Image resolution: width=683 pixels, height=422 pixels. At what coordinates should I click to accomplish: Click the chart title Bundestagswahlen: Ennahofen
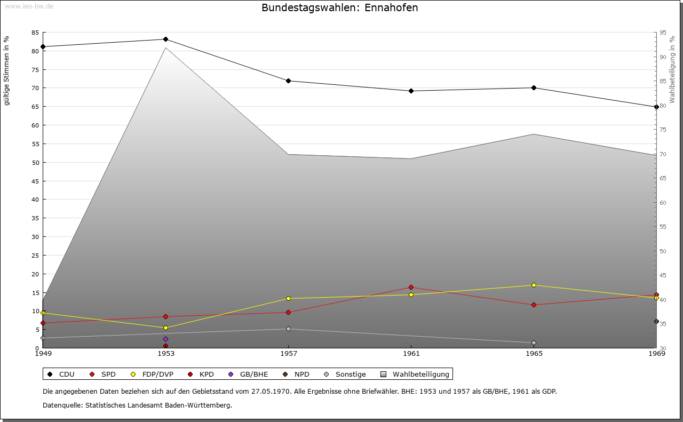click(340, 8)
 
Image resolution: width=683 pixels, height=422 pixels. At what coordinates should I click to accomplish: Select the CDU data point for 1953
click(165, 39)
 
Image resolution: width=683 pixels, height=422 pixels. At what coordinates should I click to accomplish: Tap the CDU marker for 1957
click(288, 81)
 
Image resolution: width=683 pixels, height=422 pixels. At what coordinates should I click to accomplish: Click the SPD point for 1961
click(411, 288)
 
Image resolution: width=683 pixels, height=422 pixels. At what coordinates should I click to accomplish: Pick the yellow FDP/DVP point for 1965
click(534, 285)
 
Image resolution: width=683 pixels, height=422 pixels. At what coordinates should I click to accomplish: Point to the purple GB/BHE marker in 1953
click(165, 339)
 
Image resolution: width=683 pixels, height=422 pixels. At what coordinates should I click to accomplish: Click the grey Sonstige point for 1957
click(288, 329)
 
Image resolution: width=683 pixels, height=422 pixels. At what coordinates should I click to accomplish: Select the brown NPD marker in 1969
click(656, 321)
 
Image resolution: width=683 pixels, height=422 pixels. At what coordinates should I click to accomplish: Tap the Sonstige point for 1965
click(534, 343)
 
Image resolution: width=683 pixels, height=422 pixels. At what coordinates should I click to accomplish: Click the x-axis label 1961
click(411, 354)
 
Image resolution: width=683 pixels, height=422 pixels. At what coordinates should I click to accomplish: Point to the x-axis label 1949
click(43, 354)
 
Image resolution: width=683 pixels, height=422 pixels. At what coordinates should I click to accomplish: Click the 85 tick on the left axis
click(35, 33)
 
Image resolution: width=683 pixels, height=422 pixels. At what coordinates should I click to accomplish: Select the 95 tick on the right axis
click(663, 33)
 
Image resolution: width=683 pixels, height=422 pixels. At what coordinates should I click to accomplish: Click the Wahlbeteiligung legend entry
click(420, 374)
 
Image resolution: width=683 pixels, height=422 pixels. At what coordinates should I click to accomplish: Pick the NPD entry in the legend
click(301, 374)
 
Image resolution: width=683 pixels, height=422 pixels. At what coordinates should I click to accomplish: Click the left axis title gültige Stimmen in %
click(7, 70)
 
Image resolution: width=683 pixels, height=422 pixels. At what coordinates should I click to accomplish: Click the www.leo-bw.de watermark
click(28, 6)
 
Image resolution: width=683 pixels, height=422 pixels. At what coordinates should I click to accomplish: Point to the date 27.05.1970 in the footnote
click(271, 391)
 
